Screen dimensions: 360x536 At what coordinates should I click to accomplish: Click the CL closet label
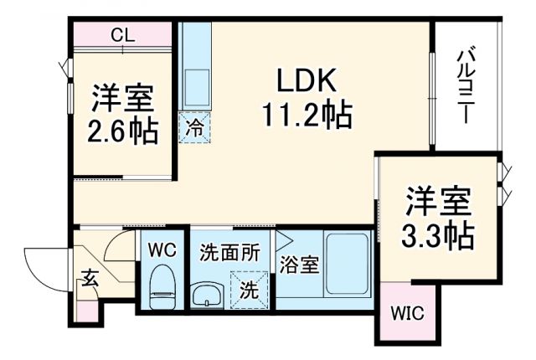[x=124, y=36]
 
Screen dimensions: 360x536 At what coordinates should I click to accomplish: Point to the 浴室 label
[x=300, y=265]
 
